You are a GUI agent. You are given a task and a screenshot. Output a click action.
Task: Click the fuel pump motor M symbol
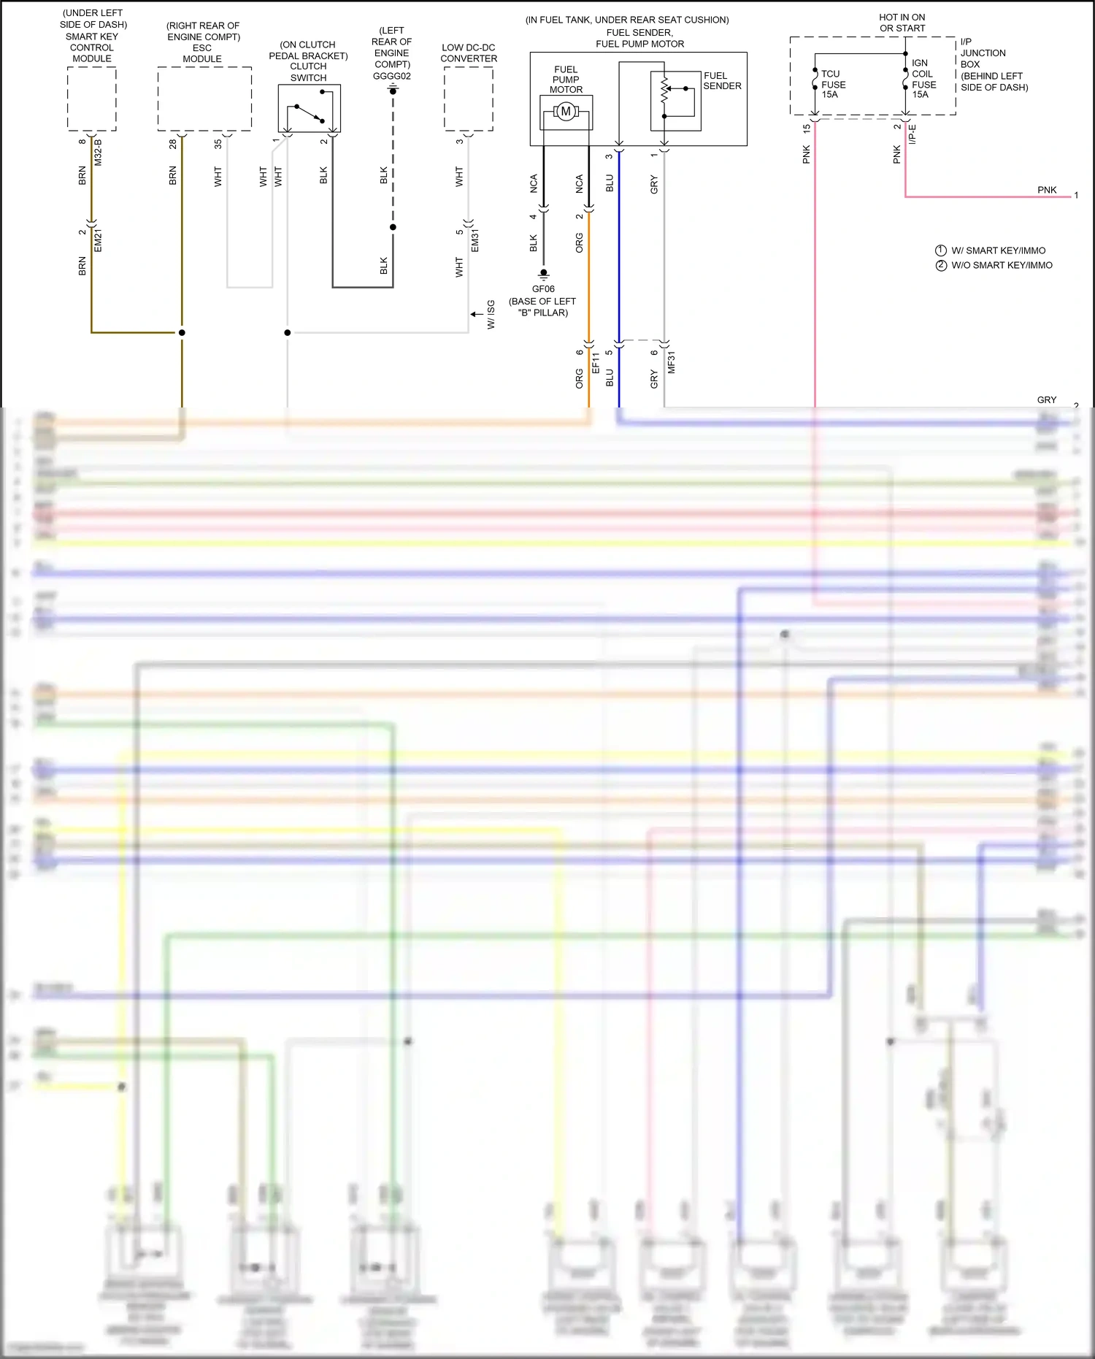coord(566,112)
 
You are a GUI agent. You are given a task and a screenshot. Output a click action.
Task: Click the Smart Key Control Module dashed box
coord(92,99)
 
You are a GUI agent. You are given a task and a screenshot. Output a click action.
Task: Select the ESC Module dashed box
coord(204,99)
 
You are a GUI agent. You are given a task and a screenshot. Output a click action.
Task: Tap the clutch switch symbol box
coord(309,108)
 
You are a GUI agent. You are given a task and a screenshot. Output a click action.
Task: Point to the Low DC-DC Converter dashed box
coord(469,99)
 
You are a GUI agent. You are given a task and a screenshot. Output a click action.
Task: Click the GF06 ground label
coord(543,289)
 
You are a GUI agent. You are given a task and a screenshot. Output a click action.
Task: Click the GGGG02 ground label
coord(392,76)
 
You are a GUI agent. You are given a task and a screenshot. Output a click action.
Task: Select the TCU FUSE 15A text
coord(833,84)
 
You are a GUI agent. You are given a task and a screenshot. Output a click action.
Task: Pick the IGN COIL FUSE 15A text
coord(923,79)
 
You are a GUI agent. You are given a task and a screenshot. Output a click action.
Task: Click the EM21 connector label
coord(98,240)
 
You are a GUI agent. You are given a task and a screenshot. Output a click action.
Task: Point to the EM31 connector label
coord(474,240)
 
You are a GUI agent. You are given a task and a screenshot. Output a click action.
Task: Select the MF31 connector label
coord(671,362)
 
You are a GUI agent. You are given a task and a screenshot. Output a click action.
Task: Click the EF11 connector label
coord(595,362)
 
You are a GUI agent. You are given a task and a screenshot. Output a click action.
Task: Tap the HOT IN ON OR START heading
coord(902,23)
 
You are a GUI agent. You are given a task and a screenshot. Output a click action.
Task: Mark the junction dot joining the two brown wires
coord(182,332)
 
